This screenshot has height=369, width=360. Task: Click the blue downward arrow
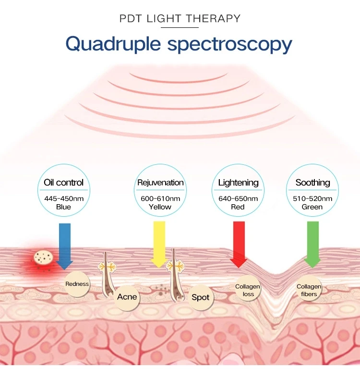[65, 246]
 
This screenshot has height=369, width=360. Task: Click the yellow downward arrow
[159, 244]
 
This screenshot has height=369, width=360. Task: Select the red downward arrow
[239, 244]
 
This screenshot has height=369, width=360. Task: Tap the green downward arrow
[313, 244]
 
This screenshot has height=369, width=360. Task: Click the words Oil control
[63, 183]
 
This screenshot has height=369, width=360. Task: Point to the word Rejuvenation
[160, 183]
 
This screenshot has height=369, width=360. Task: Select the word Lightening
[238, 183]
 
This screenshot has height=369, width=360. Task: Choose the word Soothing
[313, 183]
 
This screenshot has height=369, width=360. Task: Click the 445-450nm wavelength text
[64, 198]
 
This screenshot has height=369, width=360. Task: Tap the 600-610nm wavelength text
[160, 198]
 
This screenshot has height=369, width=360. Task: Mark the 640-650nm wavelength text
[238, 198]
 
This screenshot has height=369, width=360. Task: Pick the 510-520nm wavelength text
[312, 198]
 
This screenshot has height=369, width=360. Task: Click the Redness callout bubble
[77, 284]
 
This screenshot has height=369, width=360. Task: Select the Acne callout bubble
[127, 297]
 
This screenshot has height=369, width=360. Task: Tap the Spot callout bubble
[201, 297]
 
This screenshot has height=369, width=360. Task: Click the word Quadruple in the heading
[113, 44]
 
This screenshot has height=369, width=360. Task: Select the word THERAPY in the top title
[213, 18]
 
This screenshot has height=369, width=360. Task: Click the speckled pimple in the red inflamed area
[43, 257]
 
